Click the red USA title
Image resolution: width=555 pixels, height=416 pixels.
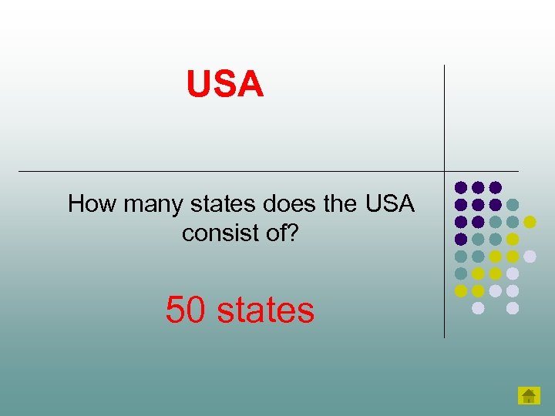click(225, 84)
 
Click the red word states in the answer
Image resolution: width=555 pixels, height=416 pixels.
click(266, 310)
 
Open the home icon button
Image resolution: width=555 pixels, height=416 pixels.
click(528, 396)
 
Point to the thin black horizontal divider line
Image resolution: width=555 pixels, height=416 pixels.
click(231, 171)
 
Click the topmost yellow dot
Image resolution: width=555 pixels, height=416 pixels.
click(530, 222)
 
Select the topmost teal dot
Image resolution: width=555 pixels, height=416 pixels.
click(513, 205)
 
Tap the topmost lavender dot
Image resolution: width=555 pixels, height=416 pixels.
click(530, 256)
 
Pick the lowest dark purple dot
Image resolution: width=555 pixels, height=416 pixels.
click(461, 239)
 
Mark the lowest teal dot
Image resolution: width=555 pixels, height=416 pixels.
click(461, 273)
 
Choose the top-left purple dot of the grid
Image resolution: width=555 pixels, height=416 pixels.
click(461, 187)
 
